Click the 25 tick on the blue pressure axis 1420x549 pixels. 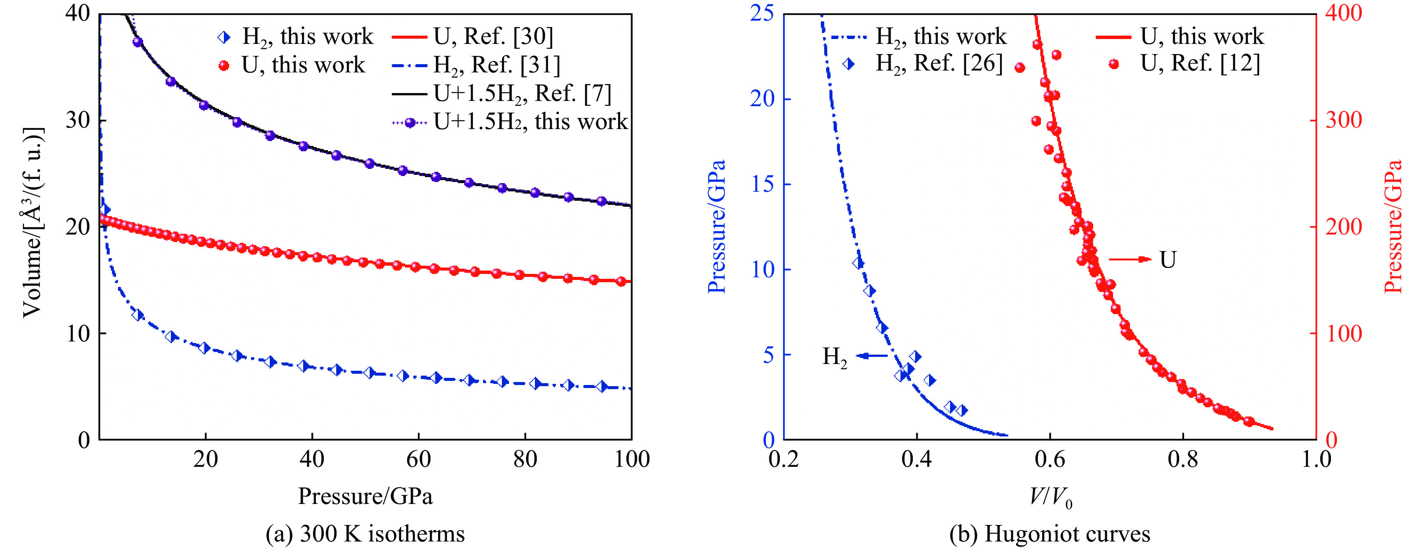(x=762, y=13)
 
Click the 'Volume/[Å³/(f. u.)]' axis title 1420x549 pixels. (x=33, y=223)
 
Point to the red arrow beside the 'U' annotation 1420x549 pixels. (x=1130, y=259)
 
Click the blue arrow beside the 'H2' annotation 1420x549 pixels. (x=872, y=356)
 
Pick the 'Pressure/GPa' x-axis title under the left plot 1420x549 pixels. (x=365, y=496)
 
